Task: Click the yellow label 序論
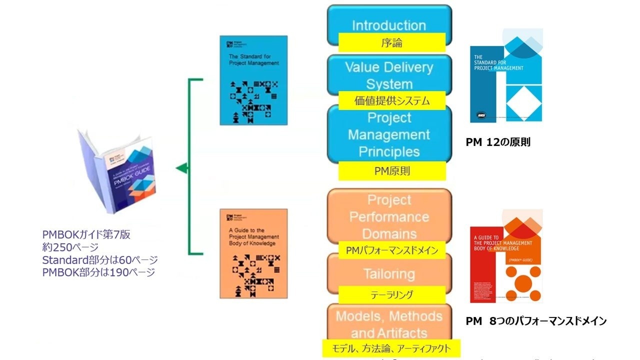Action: (391, 42)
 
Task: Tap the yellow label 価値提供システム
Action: (391, 100)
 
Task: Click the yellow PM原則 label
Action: (391, 171)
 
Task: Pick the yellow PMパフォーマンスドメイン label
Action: (391, 250)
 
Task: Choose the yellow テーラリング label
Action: (391, 295)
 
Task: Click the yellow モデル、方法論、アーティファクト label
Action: (391, 348)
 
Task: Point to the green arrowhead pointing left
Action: (182, 168)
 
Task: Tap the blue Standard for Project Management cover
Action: (253, 80)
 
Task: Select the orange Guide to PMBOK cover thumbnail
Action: (253, 253)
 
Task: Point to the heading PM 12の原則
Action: (498, 142)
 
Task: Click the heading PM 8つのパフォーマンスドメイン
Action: (536, 321)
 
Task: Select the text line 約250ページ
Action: (70, 247)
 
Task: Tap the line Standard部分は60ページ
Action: (100, 260)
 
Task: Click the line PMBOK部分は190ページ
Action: (98, 272)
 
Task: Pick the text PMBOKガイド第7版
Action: (86, 234)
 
